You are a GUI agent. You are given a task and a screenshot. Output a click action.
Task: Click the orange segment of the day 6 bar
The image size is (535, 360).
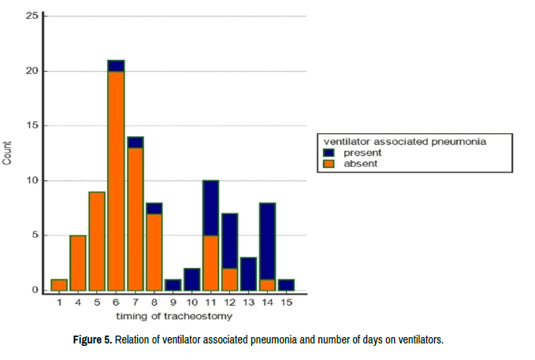[x=116, y=181]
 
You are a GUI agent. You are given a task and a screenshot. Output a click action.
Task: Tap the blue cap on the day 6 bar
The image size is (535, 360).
[x=116, y=66]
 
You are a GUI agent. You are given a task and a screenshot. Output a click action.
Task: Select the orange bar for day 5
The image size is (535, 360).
[x=97, y=240]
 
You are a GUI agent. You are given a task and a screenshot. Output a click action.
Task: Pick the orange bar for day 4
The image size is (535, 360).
[x=78, y=262]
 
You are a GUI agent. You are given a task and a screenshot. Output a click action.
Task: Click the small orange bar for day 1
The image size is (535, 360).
[x=59, y=284]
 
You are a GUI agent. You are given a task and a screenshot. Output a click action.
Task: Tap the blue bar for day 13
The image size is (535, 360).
[x=249, y=273]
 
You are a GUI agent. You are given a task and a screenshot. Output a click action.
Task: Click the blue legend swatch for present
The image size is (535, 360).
[x=329, y=153]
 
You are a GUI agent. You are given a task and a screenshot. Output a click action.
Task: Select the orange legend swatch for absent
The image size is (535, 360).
[x=329, y=164]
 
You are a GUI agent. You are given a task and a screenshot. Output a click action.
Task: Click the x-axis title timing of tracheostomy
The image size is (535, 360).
[x=173, y=316]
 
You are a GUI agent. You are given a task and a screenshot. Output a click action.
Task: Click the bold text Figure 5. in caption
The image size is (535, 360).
[x=93, y=340]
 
